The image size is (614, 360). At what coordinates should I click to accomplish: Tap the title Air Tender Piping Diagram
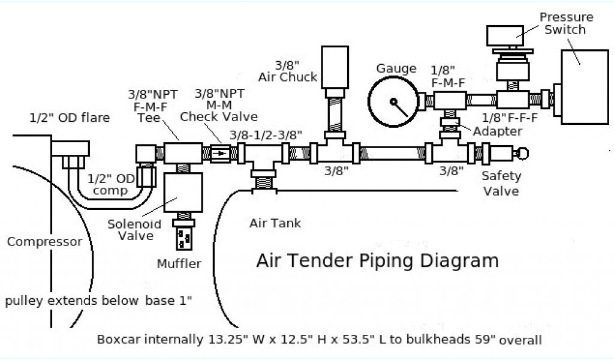pos(377,261)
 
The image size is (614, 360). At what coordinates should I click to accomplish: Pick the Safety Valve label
pos(501,184)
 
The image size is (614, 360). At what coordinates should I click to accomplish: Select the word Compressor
pos(44,242)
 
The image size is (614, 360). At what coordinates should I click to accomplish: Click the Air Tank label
pos(275,223)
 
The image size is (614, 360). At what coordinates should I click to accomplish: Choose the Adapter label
pos(497,131)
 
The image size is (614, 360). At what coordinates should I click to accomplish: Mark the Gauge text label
pos(396,68)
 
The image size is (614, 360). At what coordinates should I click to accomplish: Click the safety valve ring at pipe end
pos(522,153)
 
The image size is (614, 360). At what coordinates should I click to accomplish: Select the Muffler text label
pos(179,263)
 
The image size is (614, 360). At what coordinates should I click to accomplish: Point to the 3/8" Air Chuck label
pos(288,70)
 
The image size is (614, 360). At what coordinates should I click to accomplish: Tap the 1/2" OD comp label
pos(108,185)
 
